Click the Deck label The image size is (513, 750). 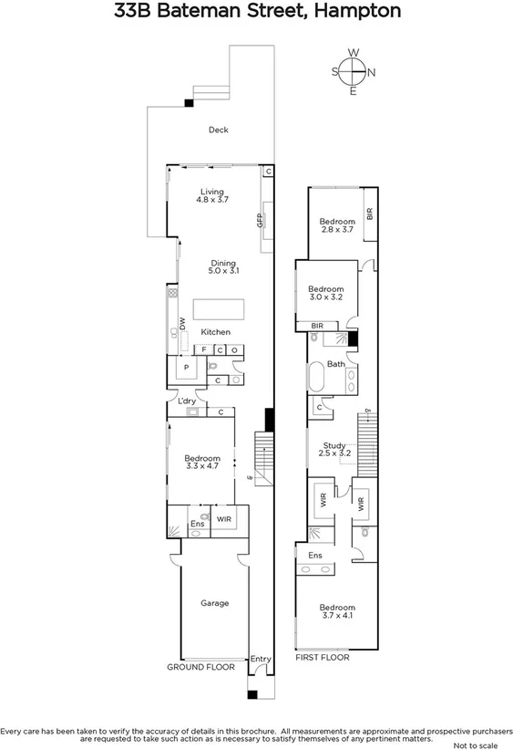point(218,130)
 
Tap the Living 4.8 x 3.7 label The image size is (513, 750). point(211,196)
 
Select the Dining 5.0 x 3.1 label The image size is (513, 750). point(222,268)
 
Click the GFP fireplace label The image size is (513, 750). point(259,221)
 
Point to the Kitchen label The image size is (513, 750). point(215,332)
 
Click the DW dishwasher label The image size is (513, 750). point(182,323)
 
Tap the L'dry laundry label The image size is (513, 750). point(188,401)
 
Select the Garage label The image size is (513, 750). point(214,603)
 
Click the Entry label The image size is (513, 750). point(261,659)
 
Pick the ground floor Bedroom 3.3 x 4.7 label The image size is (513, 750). point(202,463)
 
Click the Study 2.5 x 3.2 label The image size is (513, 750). point(334,449)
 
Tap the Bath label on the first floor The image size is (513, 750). point(336,365)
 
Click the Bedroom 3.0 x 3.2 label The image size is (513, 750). point(325,293)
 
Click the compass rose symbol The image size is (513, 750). point(353,71)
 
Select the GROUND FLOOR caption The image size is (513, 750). point(200,668)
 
